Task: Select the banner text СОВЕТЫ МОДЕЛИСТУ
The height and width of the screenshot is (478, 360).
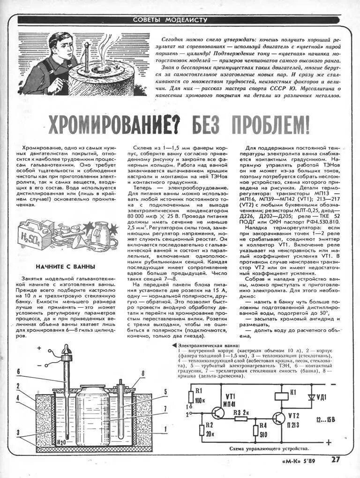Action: tap(170, 20)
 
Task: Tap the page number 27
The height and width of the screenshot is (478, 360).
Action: tap(335, 459)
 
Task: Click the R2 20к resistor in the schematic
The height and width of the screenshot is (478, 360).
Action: tap(202, 429)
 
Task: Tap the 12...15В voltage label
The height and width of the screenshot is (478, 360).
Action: tap(324, 420)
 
